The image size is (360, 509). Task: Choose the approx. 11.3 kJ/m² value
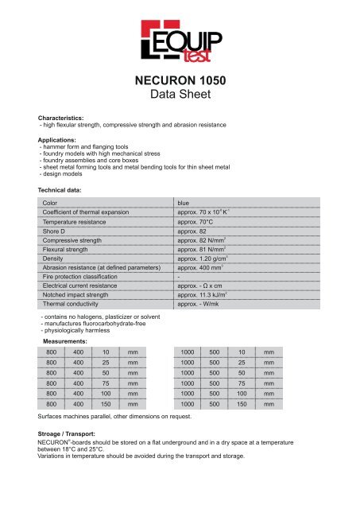(207, 293)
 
